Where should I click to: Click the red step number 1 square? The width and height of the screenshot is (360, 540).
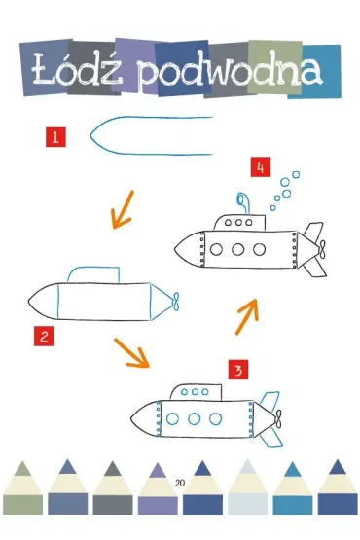click(x=55, y=137)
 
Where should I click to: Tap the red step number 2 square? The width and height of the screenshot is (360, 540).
click(x=44, y=336)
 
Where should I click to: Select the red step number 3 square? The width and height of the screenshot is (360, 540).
click(x=238, y=370)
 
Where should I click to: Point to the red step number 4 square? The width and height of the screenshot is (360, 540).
click(x=261, y=167)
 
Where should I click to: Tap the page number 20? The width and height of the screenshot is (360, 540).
click(x=180, y=483)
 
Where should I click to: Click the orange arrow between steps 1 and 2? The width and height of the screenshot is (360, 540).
click(x=123, y=210)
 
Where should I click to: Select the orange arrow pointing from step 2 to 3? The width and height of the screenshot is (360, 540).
click(x=132, y=353)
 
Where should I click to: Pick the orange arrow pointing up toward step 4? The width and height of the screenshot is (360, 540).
click(x=246, y=316)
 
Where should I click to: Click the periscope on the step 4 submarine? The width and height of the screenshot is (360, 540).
click(x=242, y=203)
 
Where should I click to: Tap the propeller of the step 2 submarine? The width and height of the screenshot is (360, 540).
click(x=176, y=302)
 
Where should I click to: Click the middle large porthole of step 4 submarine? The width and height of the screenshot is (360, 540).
click(x=237, y=249)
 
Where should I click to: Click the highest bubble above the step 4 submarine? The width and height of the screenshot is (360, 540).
click(x=296, y=174)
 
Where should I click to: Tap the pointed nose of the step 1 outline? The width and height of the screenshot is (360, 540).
click(x=90, y=135)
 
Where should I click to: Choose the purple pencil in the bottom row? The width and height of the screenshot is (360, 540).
click(x=158, y=488)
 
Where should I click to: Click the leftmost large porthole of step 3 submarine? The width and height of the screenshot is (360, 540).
click(x=172, y=418)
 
